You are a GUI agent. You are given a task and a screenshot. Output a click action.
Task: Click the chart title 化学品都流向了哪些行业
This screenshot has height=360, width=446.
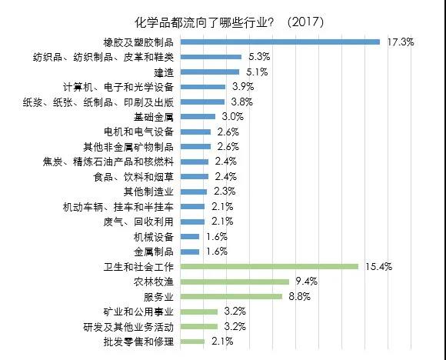pyautogui.click(x=205, y=22)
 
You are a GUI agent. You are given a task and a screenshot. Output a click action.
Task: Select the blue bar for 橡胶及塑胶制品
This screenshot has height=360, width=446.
pyautogui.click(x=280, y=42)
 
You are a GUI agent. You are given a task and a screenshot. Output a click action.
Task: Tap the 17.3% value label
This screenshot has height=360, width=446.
pyautogui.click(x=401, y=42)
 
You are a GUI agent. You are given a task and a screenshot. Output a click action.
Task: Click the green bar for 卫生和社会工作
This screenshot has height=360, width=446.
pyautogui.click(x=269, y=267)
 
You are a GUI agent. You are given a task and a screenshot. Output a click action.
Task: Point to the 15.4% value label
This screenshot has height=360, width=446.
pyautogui.click(x=379, y=267)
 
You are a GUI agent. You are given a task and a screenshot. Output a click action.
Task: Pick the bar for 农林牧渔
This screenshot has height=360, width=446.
pyautogui.click(x=235, y=282)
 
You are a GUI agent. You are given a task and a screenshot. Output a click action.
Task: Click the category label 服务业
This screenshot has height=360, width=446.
pyautogui.click(x=158, y=297)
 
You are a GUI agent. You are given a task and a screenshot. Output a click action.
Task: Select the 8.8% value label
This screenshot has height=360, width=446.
pyautogui.click(x=300, y=296)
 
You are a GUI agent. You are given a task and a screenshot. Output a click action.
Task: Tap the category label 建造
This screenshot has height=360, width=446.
pyautogui.click(x=164, y=72)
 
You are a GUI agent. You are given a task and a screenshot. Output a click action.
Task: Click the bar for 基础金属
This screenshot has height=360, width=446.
pyautogui.click(x=198, y=117)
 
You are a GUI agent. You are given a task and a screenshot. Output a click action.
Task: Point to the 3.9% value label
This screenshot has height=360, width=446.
pyautogui.click(x=243, y=86)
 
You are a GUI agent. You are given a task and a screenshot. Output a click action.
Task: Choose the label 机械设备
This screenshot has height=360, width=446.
pyautogui.click(x=154, y=237)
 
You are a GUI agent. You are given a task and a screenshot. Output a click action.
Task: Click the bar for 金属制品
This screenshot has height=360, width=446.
pyautogui.click(x=190, y=252)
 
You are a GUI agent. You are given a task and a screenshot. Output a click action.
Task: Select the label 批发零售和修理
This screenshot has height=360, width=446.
pyautogui.click(x=138, y=342)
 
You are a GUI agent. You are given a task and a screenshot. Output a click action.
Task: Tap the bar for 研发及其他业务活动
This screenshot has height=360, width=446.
pyautogui.click(x=199, y=327)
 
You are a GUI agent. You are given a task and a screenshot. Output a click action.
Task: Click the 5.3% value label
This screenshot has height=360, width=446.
pyautogui.click(x=259, y=57)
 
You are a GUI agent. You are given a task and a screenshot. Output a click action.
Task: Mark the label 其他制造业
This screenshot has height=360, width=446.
pyautogui.click(x=148, y=192)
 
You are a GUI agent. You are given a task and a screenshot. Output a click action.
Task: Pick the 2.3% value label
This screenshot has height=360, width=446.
pyautogui.click(x=225, y=192)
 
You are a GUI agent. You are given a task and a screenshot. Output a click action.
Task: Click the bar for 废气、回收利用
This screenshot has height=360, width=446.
pyautogui.click(x=192, y=222)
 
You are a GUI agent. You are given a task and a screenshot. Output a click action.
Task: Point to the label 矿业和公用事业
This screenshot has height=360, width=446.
pyautogui.click(x=138, y=312)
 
